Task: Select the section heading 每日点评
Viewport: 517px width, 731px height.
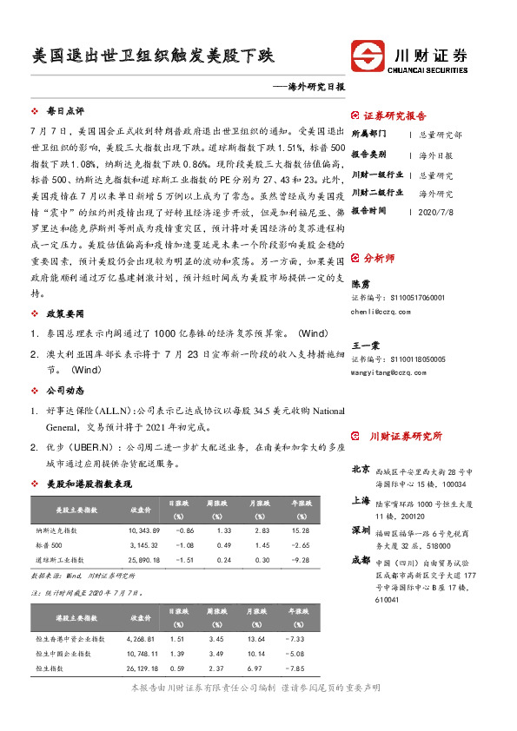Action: click(x=65, y=112)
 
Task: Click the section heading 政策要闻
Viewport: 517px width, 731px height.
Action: click(x=65, y=311)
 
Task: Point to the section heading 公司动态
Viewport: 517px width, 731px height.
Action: click(x=65, y=390)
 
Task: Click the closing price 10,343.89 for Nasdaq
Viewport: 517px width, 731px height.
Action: click(x=144, y=529)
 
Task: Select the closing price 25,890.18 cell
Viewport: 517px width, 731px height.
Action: click(x=144, y=560)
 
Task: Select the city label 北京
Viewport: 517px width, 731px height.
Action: click(x=361, y=470)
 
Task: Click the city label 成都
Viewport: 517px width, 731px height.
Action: click(x=361, y=561)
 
